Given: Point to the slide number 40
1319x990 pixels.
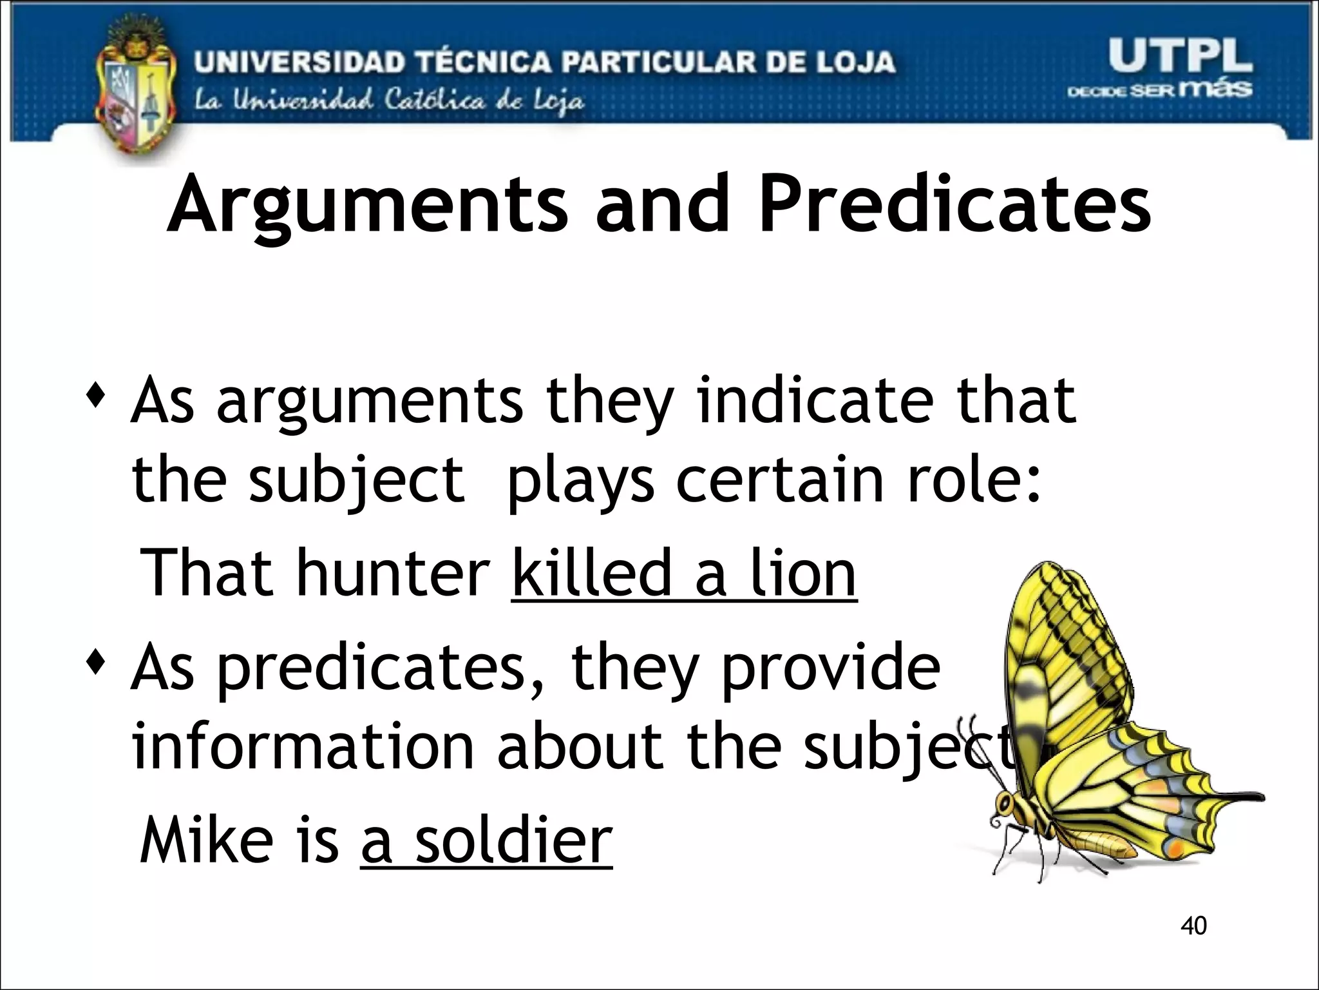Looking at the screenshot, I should pyautogui.click(x=1193, y=926).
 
